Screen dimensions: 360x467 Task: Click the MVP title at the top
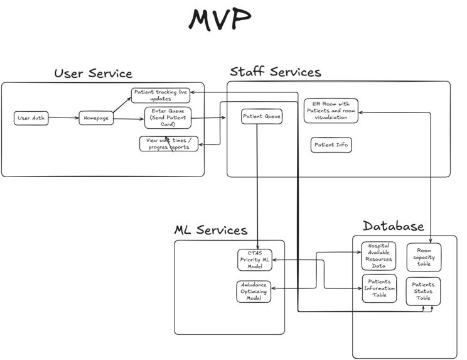pos(220,20)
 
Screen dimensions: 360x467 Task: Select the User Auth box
pos(31,118)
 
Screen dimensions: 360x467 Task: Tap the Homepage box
pos(96,118)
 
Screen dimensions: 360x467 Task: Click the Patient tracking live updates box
pos(161,95)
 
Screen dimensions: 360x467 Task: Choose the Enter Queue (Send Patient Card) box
pos(168,117)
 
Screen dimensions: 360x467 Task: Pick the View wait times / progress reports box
pos(169,143)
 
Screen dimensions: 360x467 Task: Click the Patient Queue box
pos(262,116)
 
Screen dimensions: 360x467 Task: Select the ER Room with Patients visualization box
pos(331,111)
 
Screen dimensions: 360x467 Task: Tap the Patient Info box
pos(331,145)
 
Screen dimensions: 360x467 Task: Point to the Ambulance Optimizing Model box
pos(254,292)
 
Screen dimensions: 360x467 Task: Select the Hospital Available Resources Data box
pos(378,255)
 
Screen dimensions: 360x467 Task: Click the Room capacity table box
pos(424,257)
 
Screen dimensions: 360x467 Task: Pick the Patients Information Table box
pos(379,288)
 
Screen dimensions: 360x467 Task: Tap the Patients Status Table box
pos(423,291)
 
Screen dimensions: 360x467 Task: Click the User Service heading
pos(93,74)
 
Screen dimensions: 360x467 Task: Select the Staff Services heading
pos(275,72)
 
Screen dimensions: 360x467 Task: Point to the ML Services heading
pos(210,230)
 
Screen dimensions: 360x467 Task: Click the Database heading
pos(393,226)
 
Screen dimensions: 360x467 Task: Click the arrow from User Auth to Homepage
pos(63,118)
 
